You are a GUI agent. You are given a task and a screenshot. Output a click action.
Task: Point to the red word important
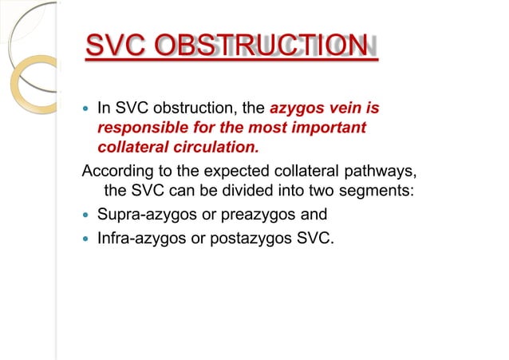[322, 128]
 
